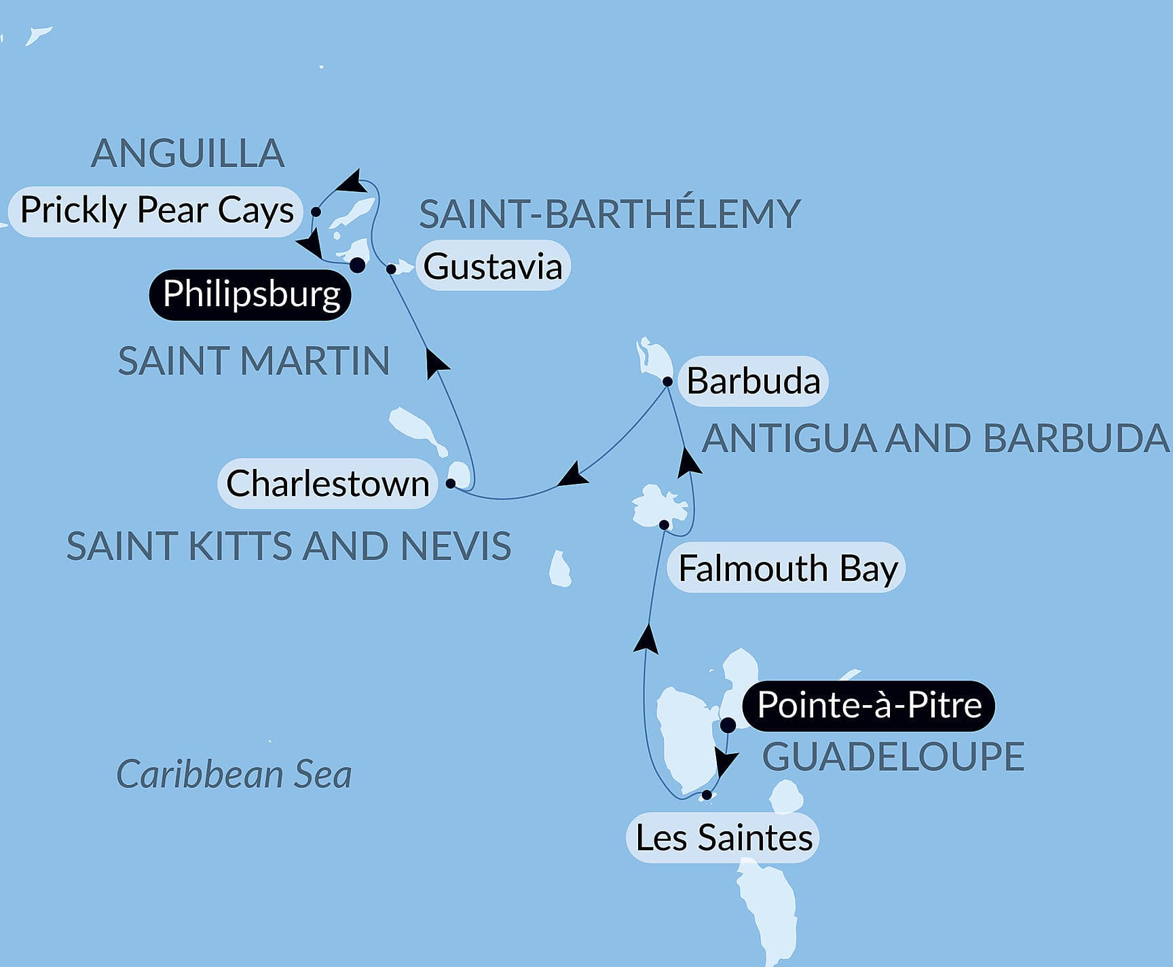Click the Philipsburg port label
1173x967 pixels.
[250, 295]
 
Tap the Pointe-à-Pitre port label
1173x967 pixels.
[868, 705]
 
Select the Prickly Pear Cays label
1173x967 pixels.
[156, 210]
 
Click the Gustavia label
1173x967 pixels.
[493, 266]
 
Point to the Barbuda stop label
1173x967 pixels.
[753, 381]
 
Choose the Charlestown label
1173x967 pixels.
[327, 484]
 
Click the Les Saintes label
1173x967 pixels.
[724, 837]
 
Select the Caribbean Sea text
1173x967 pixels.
[234, 774]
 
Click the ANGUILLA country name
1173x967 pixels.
[187, 153]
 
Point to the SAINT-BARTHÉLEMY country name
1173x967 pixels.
[610, 214]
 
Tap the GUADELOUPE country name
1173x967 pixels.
[893, 757]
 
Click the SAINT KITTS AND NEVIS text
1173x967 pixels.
[288, 546]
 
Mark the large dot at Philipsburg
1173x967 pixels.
[357, 265]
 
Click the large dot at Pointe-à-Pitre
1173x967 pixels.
[727, 725]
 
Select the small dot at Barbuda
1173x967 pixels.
[667, 382]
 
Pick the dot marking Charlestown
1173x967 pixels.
[450, 484]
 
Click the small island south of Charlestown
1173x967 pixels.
[560, 569]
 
